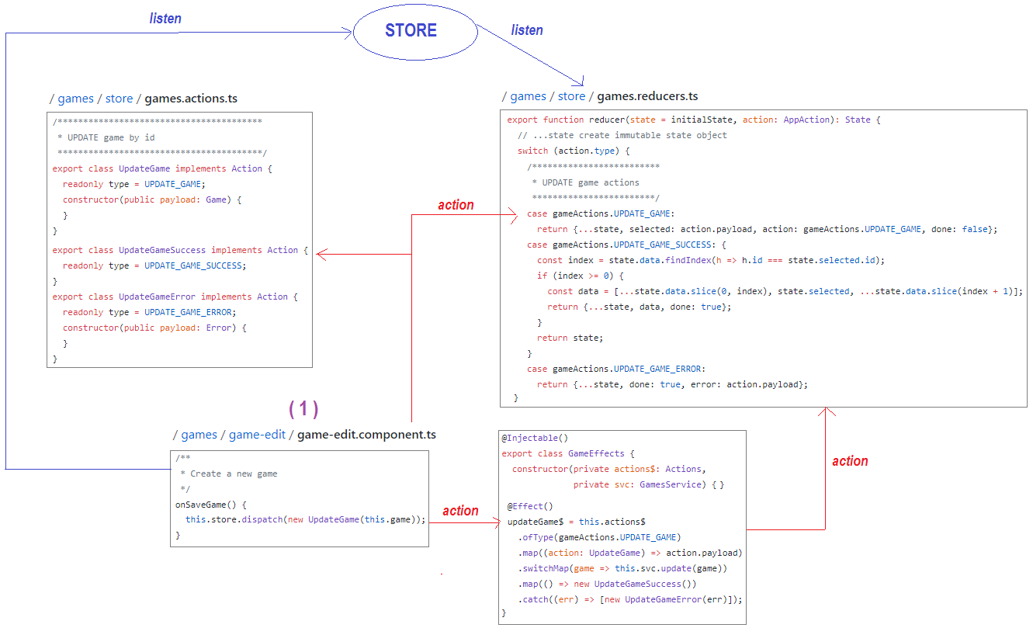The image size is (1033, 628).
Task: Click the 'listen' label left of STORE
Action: click(x=165, y=19)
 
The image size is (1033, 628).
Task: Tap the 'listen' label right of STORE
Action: click(x=527, y=30)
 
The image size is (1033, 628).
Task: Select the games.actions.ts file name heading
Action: click(x=191, y=99)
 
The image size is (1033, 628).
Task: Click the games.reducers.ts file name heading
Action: click(x=647, y=96)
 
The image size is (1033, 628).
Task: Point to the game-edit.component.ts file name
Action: click(x=366, y=435)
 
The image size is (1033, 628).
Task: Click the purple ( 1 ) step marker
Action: click(x=303, y=408)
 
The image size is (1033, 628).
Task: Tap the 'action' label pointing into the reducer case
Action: click(x=456, y=205)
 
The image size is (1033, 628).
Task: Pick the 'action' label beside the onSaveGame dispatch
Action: click(x=460, y=511)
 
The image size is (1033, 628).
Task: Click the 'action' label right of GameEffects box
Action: click(x=850, y=460)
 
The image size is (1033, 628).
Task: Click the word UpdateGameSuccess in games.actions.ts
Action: click(x=162, y=250)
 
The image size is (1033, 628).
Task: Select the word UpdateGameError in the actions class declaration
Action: click(x=157, y=297)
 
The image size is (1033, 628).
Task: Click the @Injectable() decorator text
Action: click(x=535, y=438)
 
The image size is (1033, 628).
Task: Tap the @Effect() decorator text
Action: click(x=530, y=506)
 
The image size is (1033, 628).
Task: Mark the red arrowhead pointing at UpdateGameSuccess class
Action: click(x=321, y=254)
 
